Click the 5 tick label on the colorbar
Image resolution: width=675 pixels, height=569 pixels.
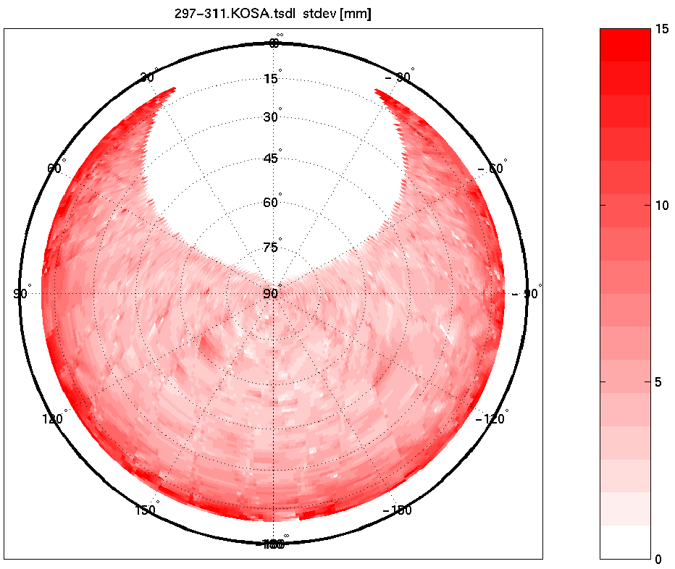tap(659, 382)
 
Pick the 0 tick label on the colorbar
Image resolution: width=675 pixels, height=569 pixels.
tap(659, 559)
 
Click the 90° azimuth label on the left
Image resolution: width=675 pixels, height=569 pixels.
tap(22, 293)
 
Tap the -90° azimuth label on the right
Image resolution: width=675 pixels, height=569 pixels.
tap(527, 293)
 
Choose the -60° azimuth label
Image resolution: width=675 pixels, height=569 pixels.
tap(492, 169)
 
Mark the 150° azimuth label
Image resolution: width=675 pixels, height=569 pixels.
tap(146, 510)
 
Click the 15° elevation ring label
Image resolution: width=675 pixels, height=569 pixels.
tap(272, 79)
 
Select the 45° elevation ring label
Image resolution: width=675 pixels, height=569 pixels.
tap(272, 159)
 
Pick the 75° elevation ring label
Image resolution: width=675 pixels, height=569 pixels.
tap(272, 248)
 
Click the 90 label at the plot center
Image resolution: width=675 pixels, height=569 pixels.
tap(272, 293)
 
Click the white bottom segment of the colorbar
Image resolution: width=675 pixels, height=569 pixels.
tap(625, 541)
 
